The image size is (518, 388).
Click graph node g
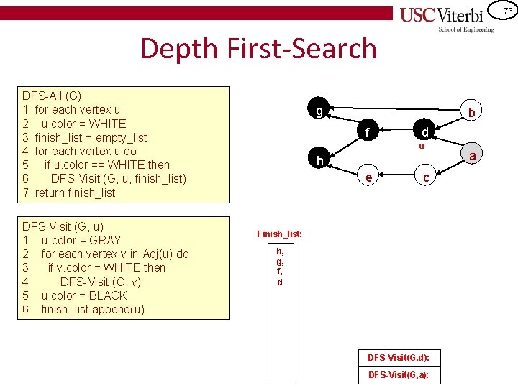click(x=318, y=111)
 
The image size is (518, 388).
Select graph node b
click(x=471, y=112)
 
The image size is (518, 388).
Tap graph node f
click(x=368, y=132)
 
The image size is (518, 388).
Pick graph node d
click(x=425, y=132)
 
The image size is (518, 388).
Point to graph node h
click(x=318, y=159)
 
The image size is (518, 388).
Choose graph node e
click(x=368, y=177)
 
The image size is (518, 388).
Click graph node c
click(x=426, y=177)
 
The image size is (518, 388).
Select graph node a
click(x=473, y=156)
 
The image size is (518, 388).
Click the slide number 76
click(x=507, y=11)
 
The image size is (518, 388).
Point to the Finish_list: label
click(x=280, y=234)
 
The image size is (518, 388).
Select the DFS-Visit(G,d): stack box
click(x=399, y=357)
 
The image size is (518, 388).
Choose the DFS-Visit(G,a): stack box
click(x=399, y=374)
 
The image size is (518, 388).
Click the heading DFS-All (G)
click(x=52, y=96)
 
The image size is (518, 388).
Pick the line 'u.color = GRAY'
click(x=81, y=240)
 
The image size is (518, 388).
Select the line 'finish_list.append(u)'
click(x=93, y=309)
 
